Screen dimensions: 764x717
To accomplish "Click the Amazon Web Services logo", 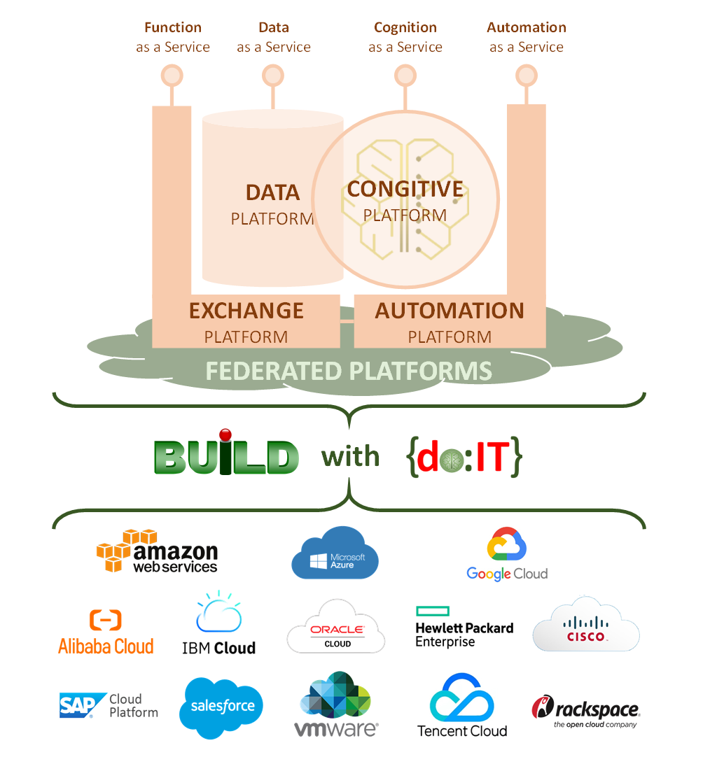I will tap(158, 552).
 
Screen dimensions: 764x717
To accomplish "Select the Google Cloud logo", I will tap(507, 554).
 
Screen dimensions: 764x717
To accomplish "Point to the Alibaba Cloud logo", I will tap(106, 632).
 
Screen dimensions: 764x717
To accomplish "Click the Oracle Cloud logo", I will tap(336, 628).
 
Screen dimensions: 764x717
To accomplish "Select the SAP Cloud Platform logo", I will tap(109, 705).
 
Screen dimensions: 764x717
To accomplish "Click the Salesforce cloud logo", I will tap(223, 707).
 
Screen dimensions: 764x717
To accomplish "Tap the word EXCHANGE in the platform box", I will tap(246, 311).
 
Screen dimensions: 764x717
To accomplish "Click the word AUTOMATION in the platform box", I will tap(450, 311).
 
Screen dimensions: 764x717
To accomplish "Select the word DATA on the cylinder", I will tap(272, 192).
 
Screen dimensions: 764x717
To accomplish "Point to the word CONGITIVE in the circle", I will tap(405, 189).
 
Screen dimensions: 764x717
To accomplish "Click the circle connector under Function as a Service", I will tap(172, 75).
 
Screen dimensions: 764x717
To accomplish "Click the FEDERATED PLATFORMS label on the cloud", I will tap(349, 371).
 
